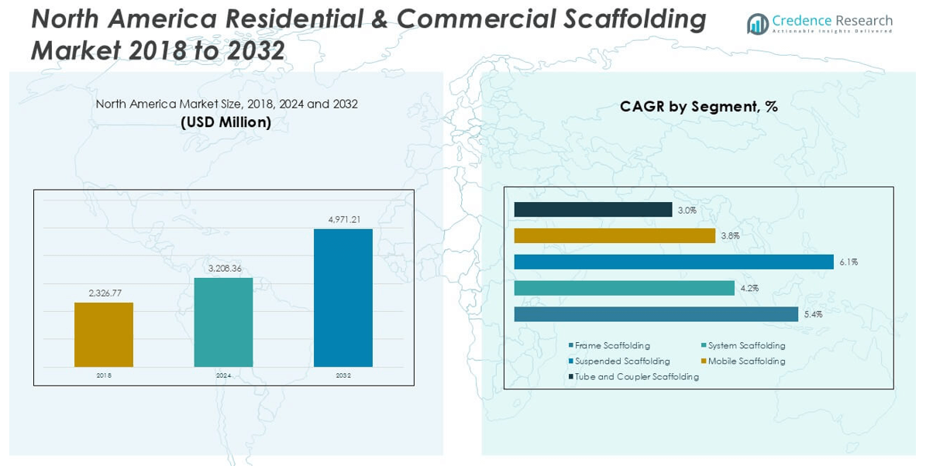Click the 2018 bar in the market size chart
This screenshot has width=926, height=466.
pos(104,334)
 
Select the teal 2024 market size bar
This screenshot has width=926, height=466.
pos(223,322)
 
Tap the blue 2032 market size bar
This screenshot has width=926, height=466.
pos(343,298)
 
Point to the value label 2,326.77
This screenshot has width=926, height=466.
pos(104,293)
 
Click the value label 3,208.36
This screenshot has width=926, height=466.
pos(224,269)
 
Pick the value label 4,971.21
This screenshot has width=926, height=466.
pos(344,220)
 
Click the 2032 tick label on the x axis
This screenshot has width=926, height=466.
pos(343,375)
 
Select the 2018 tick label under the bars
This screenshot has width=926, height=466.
pos(104,375)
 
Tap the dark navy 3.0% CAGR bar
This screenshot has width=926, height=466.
pos(593,210)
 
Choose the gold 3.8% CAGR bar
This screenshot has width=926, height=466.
pos(614,235)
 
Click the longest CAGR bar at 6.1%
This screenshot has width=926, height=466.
pos(673,262)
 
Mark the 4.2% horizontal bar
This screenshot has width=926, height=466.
pos(624,288)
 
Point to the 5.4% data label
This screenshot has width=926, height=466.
pos(813,314)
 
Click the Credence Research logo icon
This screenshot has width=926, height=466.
pos(757,24)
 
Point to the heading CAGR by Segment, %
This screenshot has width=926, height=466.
pos(698,107)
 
